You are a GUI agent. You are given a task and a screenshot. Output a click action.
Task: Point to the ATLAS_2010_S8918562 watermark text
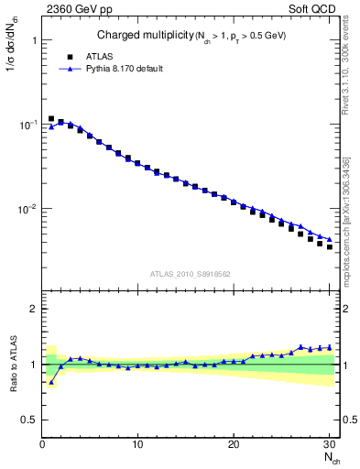tap(190, 273)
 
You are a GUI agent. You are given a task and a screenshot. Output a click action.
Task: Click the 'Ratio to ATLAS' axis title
tap(12, 364)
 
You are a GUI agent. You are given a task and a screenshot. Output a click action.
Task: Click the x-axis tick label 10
tap(137, 444)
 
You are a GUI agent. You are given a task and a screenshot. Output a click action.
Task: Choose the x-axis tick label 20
tap(234, 444)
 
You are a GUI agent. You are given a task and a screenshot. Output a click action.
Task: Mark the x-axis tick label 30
tap(329, 444)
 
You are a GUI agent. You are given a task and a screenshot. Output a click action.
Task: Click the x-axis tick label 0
tap(42, 444)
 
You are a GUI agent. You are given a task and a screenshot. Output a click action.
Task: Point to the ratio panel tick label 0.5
tap(29, 420)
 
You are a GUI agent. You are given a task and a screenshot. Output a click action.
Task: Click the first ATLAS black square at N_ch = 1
tap(51, 119)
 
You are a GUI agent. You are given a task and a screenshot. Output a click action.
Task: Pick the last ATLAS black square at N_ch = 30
tap(330, 247)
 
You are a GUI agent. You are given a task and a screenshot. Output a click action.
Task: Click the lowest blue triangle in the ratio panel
tap(51, 382)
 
